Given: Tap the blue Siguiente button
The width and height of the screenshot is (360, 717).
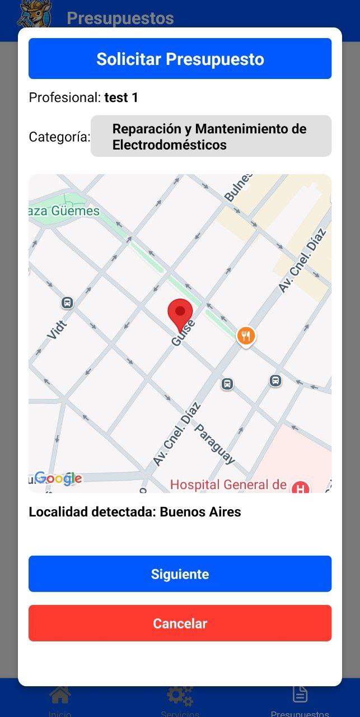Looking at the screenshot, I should tap(180, 574).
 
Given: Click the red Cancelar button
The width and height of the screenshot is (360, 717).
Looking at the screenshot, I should tap(180, 623).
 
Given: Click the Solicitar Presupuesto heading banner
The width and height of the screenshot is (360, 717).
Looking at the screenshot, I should tap(180, 59).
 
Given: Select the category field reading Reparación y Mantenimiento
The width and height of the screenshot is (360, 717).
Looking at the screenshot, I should tap(211, 136).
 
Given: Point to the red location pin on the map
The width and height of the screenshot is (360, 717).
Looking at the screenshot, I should tap(180, 314).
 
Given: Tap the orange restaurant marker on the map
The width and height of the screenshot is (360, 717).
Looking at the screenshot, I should tap(246, 336).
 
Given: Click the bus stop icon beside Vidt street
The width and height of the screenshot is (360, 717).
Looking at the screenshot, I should tap(67, 303).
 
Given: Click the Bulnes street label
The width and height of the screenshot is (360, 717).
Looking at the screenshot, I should tap(238, 187).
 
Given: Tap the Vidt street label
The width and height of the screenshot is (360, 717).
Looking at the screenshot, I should tap(57, 330).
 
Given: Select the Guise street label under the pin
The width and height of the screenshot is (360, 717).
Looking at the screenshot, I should tap(184, 333).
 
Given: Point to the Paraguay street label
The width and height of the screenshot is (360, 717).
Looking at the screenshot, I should tap(214, 444).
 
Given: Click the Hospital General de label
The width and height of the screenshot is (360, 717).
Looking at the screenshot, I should tap(228, 485).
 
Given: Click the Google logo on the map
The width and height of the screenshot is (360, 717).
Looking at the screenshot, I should tap(58, 478).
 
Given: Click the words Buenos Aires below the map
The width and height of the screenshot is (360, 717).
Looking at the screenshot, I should tap(200, 511).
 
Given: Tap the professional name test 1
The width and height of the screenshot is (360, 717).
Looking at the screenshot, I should tap(121, 97).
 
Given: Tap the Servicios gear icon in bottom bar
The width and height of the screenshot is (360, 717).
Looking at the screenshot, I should tap(180, 695).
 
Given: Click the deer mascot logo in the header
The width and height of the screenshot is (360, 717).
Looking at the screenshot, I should tap(35, 13).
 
